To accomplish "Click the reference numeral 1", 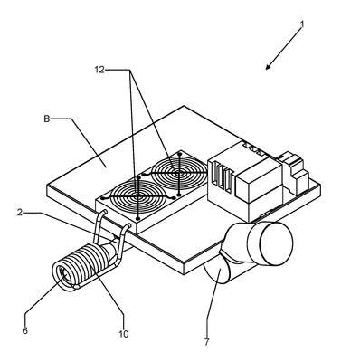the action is tap(302, 24).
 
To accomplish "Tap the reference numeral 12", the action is tap(99, 70).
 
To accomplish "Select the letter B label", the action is tap(46, 119).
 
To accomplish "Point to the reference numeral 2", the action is tap(20, 213).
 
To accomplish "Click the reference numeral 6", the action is tap(25, 330).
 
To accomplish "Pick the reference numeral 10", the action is tap(124, 334).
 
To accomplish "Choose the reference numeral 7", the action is tap(206, 342).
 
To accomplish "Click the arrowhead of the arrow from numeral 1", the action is tap(268, 67).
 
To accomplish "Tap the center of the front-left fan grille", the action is tap(138, 196).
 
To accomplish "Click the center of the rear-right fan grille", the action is tap(179, 173).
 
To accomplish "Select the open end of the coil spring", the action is tap(64, 274).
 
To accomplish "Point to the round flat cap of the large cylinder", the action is tap(277, 243).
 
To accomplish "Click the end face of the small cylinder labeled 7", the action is tap(217, 271).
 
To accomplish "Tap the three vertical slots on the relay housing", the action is tap(222, 177).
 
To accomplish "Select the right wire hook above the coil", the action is tap(123, 242).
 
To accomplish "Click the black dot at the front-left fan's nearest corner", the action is tap(138, 218).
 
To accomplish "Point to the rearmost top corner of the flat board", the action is tap(184, 106).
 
